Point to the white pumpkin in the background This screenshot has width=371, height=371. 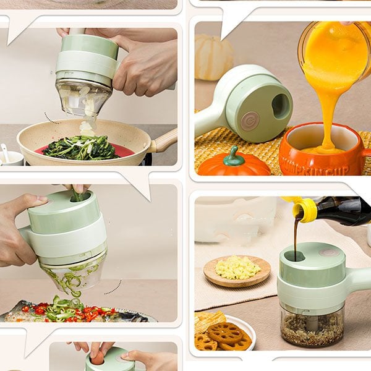[x=214, y=56]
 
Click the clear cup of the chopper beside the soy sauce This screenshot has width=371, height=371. [x=312, y=324]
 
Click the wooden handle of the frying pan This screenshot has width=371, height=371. [x=164, y=141]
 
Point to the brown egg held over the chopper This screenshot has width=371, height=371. [x=98, y=358]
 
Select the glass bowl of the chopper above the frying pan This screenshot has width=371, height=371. [x=83, y=96]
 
